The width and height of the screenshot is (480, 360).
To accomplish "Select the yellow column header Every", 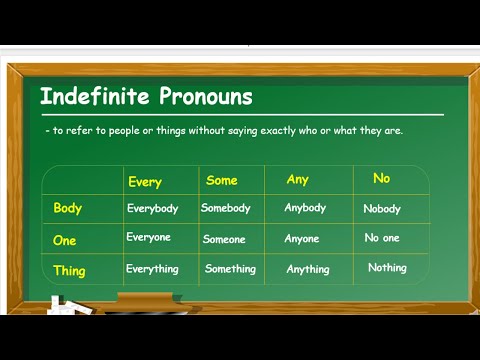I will (145, 182).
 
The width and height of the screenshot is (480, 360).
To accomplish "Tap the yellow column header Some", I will (221, 180).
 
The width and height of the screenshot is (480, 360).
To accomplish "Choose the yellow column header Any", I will (298, 180).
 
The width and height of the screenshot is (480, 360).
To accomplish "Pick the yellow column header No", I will (381, 178).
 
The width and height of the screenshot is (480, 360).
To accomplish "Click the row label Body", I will (68, 208).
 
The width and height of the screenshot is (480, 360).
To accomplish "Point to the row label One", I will (65, 240).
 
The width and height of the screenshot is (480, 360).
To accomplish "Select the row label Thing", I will (69, 270).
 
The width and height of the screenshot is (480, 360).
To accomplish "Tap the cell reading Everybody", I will (152, 208).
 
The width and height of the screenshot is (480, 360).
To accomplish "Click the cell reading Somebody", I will (226, 208).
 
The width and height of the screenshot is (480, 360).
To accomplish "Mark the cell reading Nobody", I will (382, 209).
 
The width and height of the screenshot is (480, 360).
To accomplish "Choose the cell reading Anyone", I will (302, 239).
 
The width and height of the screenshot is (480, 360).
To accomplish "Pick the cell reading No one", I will (382, 239).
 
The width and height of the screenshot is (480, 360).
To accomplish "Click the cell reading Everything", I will (152, 268).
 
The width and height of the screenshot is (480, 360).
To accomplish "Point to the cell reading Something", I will (230, 268).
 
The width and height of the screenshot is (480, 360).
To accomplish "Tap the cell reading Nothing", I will (387, 267).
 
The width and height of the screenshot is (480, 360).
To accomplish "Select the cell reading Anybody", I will (305, 208).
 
